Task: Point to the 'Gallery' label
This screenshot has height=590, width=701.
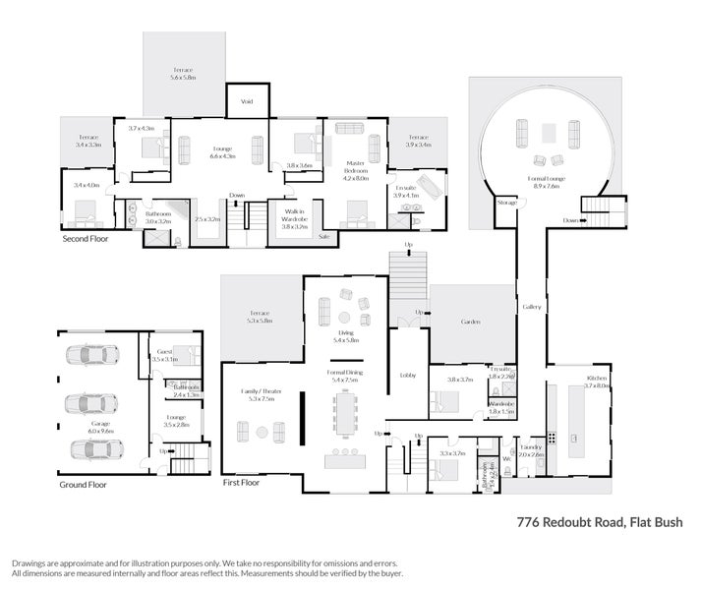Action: pyautogui.click(x=532, y=307)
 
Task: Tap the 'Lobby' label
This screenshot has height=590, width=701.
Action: pyautogui.click(x=406, y=375)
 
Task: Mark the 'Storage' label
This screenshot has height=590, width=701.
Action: pyautogui.click(x=506, y=202)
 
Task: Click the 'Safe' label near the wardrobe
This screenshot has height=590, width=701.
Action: pyautogui.click(x=323, y=236)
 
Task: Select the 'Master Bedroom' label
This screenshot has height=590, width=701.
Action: pyautogui.click(x=355, y=168)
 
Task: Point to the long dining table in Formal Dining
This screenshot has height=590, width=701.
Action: pyautogui.click(x=345, y=413)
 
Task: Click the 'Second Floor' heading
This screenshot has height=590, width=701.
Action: pyautogui.click(x=86, y=238)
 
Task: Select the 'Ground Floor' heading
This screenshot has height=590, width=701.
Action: pyautogui.click(x=83, y=484)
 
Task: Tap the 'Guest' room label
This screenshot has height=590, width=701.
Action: pyautogui.click(x=163, y=352)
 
